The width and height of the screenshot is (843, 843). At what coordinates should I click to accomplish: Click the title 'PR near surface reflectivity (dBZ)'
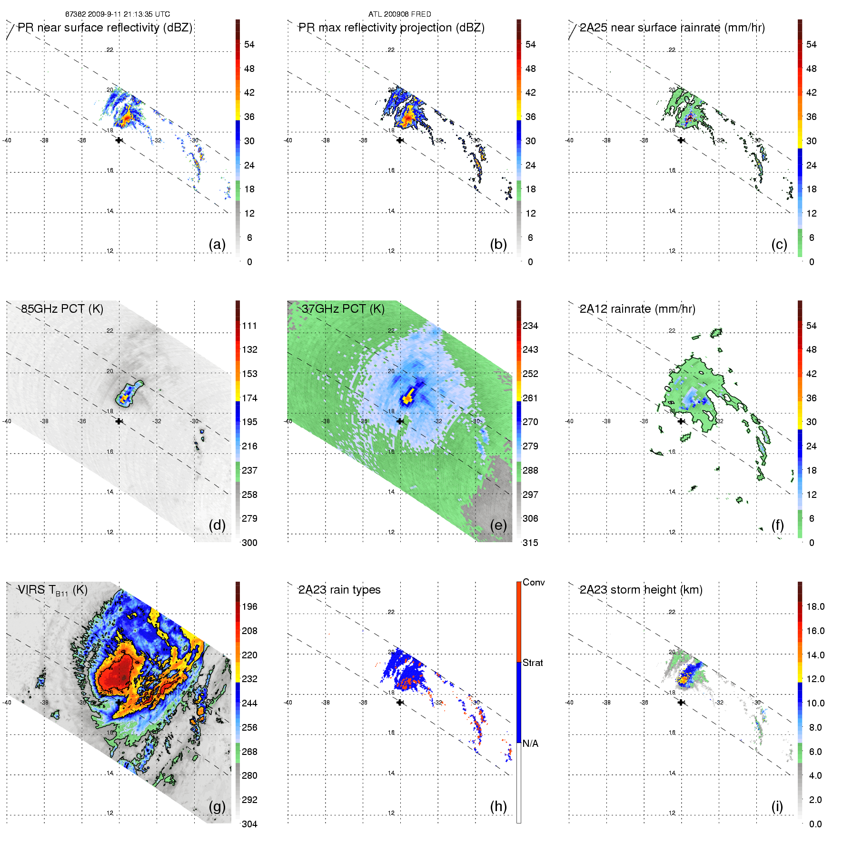pyautogui.click(x=105, y=28)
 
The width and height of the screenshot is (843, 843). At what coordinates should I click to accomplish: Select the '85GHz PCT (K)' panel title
pyautogui.click(x=62, y=309)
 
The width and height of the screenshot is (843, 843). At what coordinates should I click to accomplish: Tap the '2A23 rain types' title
pyautogui.click(x=339, y=590)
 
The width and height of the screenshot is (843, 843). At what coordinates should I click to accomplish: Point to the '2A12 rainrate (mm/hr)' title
pyautogui.click(x=637, y=309)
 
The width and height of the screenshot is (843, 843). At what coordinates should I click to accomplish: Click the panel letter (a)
pyautogui.click(x=217, y=244)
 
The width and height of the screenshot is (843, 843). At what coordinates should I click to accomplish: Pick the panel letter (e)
pyautogui.click(x=498, y=525)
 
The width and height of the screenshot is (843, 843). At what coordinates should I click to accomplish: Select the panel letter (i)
pyautogui.click(x=777, y=806)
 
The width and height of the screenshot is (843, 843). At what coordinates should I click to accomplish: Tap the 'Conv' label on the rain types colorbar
pyautogui.click(x=534, y=582)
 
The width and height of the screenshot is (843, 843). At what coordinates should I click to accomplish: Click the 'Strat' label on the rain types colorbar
pyautogui.click(x=533, y=663)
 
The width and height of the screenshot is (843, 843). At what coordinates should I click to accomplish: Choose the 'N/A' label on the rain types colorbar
pyautogui.click(x=530, y=744)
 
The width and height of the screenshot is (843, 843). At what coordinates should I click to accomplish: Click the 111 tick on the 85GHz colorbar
pyautogui.click(x=249, y=326)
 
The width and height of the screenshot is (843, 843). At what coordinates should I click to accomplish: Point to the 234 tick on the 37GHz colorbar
pyautogui.click(x=530, y=326)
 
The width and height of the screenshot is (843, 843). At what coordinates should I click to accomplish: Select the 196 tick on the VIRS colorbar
pyautogui.click(x=249, y=606)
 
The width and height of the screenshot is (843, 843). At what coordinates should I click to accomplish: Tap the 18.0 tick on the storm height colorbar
pyautogui.click(x=815, y=606)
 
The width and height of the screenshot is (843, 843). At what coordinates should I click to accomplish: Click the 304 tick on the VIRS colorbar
pyautogui.click(x=249, y=824)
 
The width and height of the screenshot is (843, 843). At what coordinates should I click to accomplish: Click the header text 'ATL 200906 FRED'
pyautogui.click(x=399, y=14)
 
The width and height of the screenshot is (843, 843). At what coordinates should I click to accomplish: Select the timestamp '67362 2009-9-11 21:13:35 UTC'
pyautogui.click(x=118, y=14)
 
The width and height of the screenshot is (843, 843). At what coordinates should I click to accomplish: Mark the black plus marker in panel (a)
pyautogui.click(x=119, y=140)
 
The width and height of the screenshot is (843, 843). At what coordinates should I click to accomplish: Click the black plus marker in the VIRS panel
pyautogui.click(x=119, y=702)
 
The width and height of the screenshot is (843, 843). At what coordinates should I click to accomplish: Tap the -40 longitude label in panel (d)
pyautogui.click(x=7, y=421)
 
